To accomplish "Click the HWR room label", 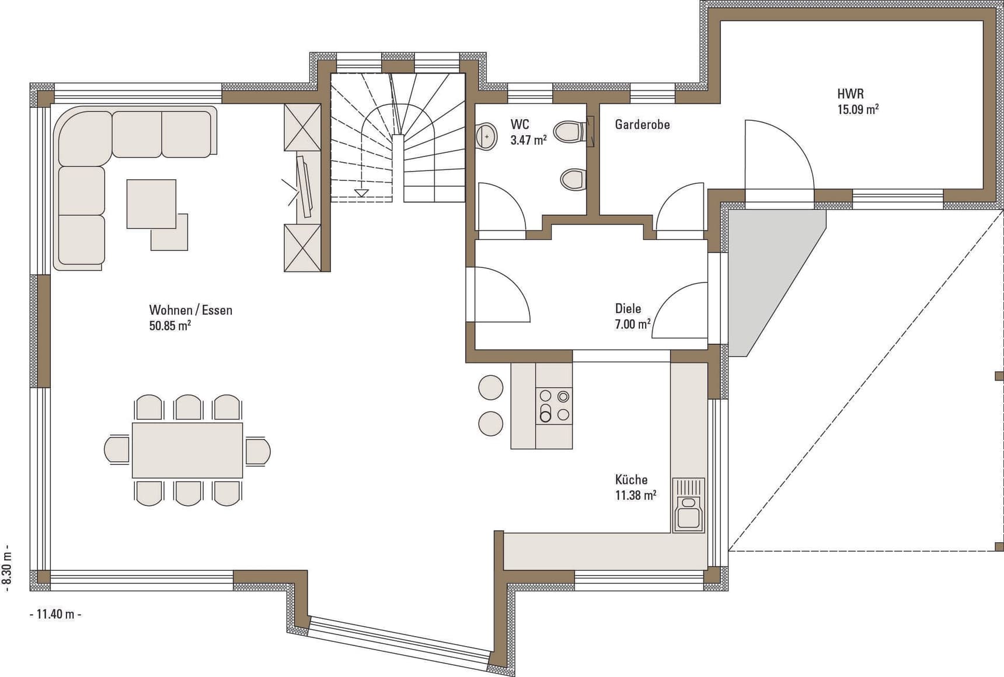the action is tap(850, 94).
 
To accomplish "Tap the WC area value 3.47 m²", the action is tap(528, 140).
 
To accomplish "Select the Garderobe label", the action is tap(642, 124).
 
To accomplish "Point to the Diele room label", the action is tap(628, 309).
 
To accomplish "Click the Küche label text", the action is tap(631, 480).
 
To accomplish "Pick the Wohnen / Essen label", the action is tap(191, 310).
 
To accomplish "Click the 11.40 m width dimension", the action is tap(55, 614).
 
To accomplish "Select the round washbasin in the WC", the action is tap(486, 136).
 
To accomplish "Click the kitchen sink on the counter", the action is tap(689, 505).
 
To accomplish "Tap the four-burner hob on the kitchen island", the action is tap(554, 406).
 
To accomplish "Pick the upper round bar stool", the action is tap(490, 388).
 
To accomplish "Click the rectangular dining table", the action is tap(187, 450).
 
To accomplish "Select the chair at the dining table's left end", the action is tap(117, 450).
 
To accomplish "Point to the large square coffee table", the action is tap(151, 204).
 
